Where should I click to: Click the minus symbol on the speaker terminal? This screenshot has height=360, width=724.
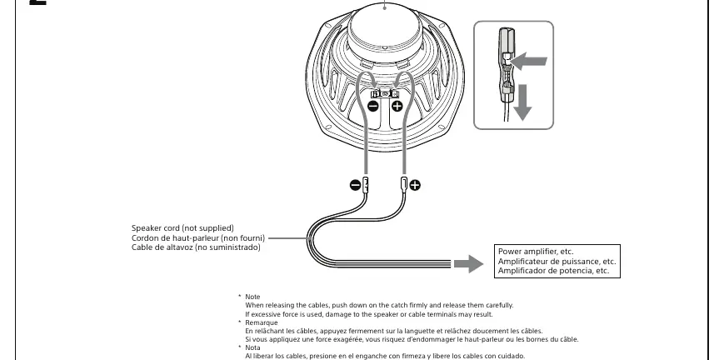pyautogui.click(x=373, y=107)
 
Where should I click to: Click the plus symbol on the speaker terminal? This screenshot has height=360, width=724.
pyautogui.click(x=397, y=107)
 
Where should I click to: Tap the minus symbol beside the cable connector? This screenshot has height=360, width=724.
pyautogui.click(x=355, y=185)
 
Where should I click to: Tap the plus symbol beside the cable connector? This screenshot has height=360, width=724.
pyautogui.click(x=415, y=185)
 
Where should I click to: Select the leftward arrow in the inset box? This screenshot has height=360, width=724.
pyautogui.click(x=529, y=61)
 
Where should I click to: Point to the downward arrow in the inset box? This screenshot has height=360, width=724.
pyautogui.click(x=522, y=102)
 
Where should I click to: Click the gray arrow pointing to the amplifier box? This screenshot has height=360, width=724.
pyautogui.click(x=468, y=264)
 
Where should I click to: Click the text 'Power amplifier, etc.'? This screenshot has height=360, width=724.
pyautogui.click(x=536, y=252)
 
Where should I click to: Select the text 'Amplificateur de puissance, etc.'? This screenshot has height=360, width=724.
pyautogui.click(x=557, y=262)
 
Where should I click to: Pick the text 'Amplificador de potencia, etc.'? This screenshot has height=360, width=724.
pyautogui.click(x=553, y=271)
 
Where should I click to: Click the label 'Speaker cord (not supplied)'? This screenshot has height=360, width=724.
pyautogui.click(x=182, y=228)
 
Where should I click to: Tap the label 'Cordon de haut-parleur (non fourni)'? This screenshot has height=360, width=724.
pyautogui.click(x=198, y=238)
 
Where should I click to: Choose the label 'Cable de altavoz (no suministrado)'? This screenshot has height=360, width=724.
pyautogui.click(x=196, y=247)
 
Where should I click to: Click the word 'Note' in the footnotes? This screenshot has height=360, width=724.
pyautogui.click(x=252, y=297)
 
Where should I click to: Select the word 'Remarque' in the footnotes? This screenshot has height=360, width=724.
pyautogui.click(x=262, y=322)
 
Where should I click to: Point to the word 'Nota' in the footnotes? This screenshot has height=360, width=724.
pyautogui.click(x=252, y=347)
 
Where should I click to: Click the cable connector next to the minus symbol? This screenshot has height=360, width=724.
pyautogui.click(x=366, y=185)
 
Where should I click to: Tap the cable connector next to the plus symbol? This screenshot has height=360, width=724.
pyautogui.click(x=404, y=185)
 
